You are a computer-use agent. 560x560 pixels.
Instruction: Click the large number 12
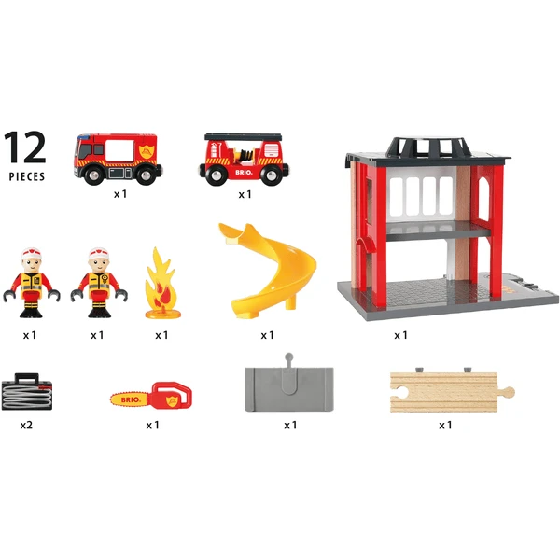(x=25, y=147)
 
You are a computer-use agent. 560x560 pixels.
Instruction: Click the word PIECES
(x=26, y=175)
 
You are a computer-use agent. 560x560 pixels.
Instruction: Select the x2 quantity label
(x=27, y=424)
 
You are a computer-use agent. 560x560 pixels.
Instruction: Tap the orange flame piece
(x=161, y=284)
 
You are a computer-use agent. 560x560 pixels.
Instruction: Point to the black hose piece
(x=27, y=391)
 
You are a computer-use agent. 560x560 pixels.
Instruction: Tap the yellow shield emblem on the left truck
(x=144, y=151)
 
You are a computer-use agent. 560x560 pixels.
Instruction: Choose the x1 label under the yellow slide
(x=267, y=335)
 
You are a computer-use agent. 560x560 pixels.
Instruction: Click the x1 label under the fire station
(x=401, y=335)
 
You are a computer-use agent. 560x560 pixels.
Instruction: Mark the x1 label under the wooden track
(x=445, y=425)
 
